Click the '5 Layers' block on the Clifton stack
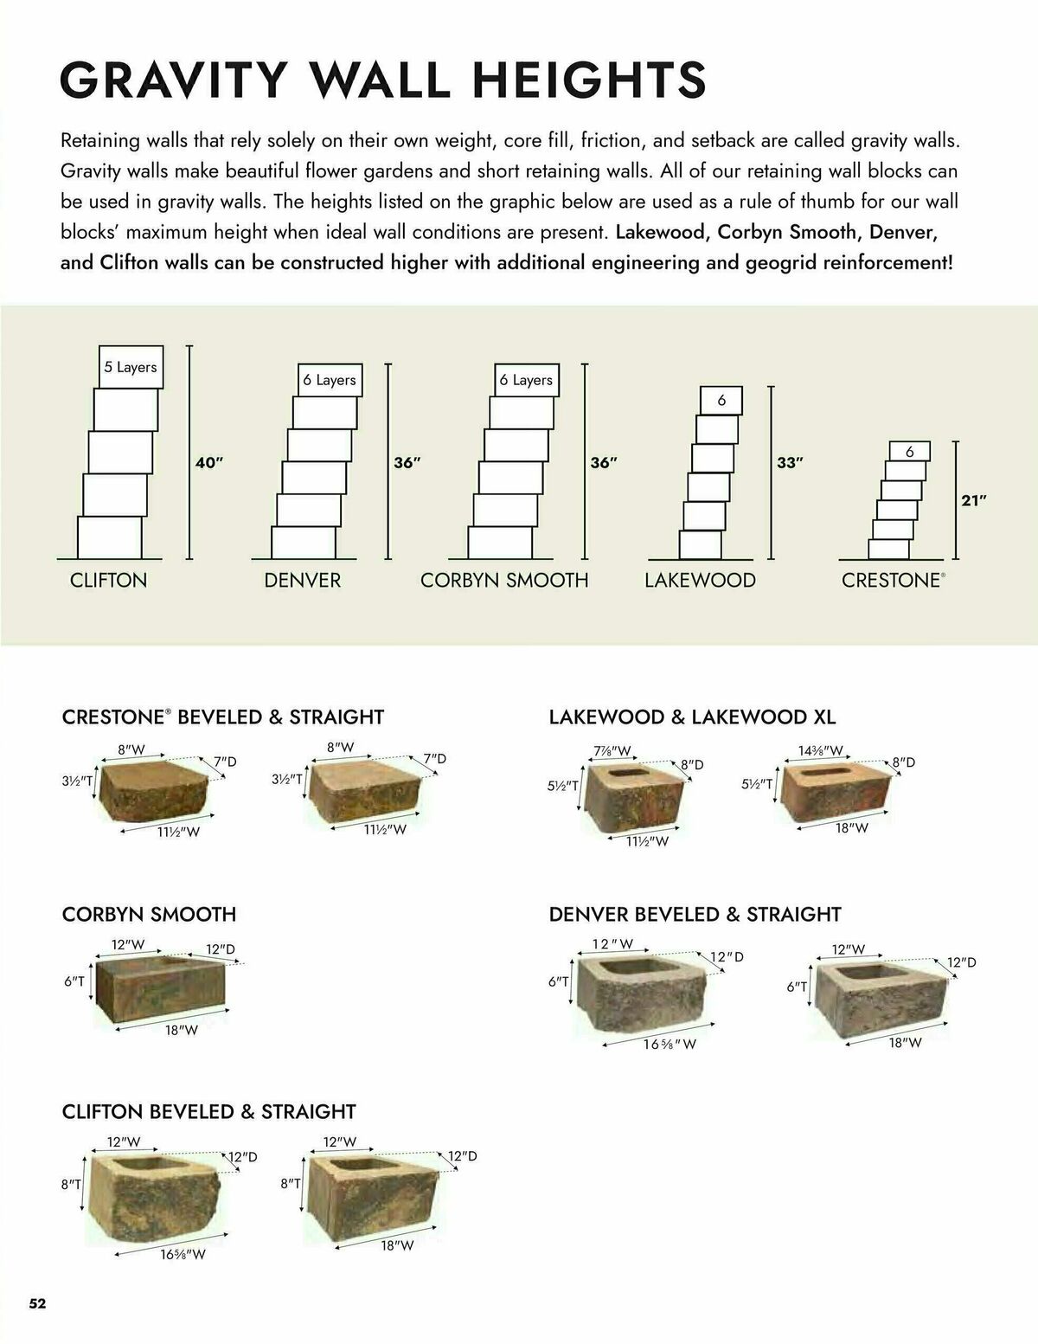[130, 367]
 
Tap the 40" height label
[209, 463]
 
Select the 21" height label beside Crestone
[974, 500]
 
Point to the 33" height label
[790, 463]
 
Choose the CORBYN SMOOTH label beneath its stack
[504, 580]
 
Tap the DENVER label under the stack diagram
[303, 580]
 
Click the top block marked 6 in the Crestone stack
[909, 452]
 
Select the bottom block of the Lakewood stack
[700, 544]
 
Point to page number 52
[38, 1303]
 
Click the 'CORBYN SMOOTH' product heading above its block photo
[149, 914]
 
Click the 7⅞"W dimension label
[612, 750]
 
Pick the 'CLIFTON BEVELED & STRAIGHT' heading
[208, 1111]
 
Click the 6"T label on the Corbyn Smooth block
[74, 981]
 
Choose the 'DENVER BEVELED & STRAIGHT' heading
[695, 914]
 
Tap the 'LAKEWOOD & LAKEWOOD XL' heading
[692, 717]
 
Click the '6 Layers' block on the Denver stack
[329, 380]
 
